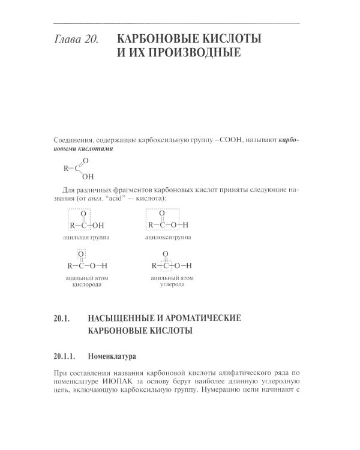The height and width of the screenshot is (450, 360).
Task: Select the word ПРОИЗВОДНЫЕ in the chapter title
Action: click(191, 55)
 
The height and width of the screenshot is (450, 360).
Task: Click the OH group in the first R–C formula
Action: click(88, 177)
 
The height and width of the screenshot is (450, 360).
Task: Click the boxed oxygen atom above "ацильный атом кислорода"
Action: click(83, 254)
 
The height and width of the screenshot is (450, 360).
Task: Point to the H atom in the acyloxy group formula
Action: click(185, 225)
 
